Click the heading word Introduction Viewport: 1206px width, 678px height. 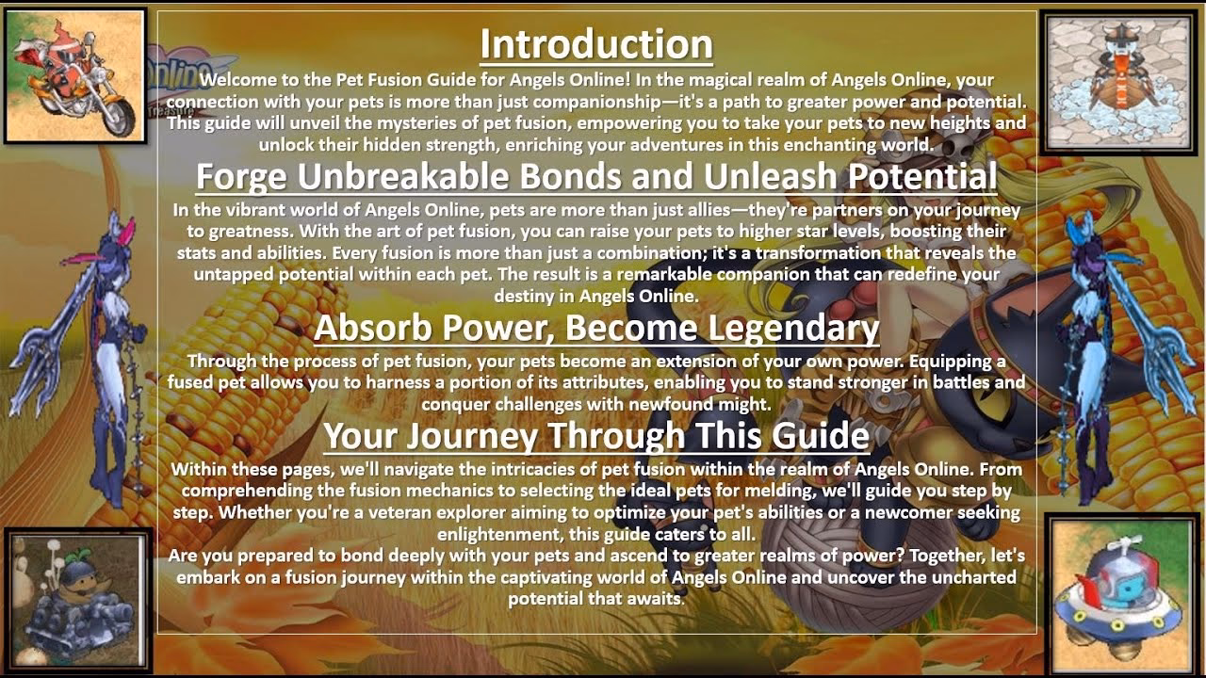[595, 45]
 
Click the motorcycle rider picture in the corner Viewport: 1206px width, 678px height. [75, 75]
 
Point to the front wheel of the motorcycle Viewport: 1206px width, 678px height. [117, 117]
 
